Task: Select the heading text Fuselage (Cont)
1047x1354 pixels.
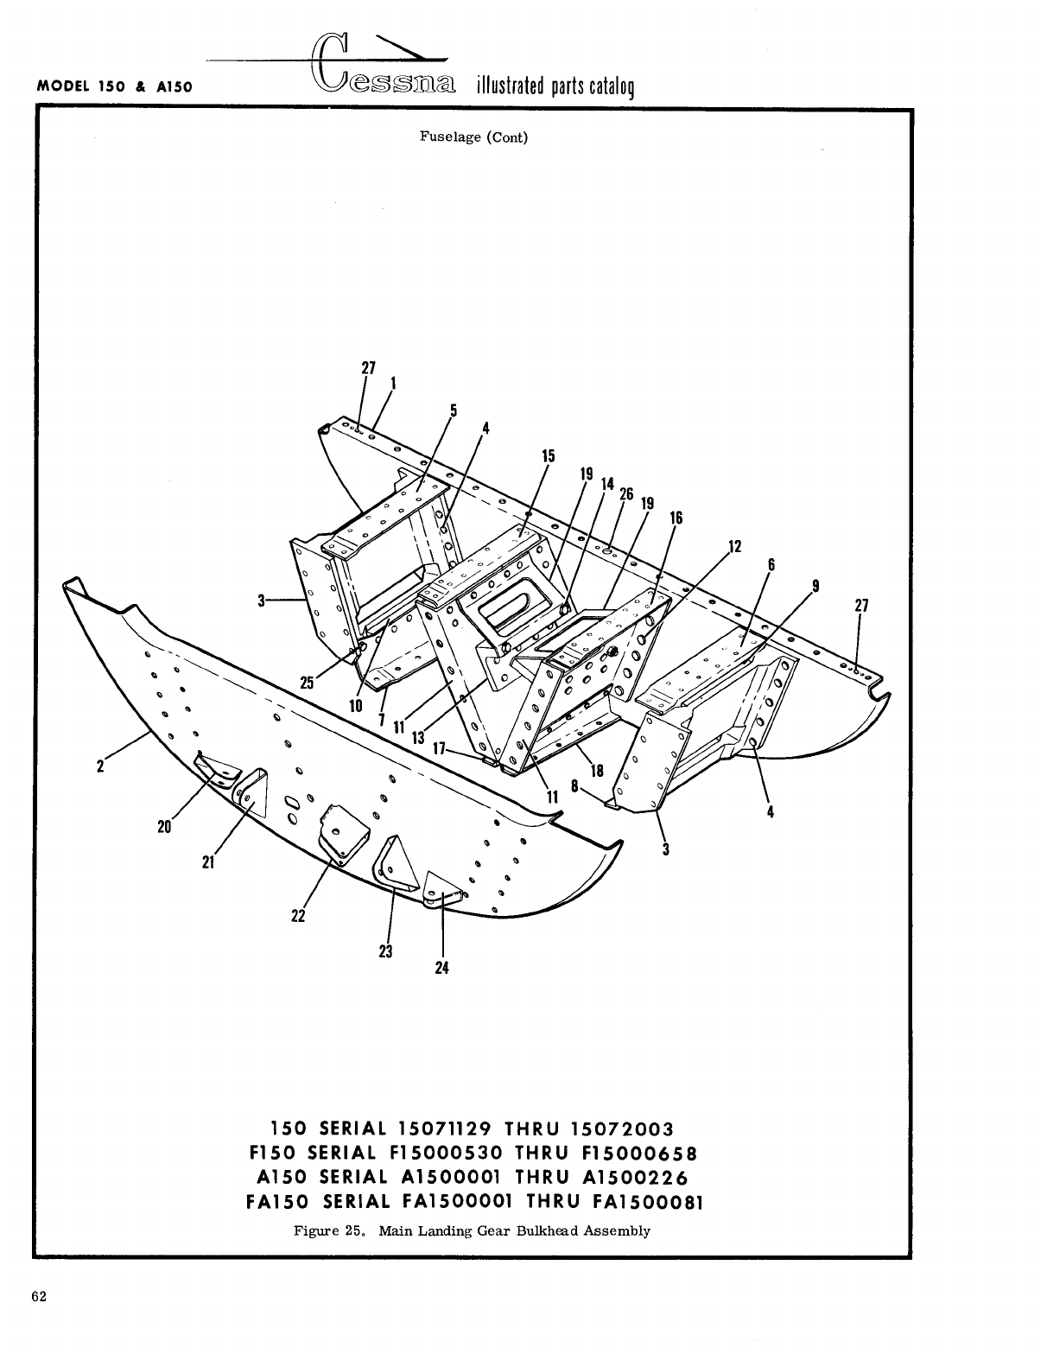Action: [473, 137]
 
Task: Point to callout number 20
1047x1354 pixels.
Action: [164, 827]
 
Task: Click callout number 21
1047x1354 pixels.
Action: [208, 861]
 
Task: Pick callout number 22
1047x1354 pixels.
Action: [298, 916]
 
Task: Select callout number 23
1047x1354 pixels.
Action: [385, 951]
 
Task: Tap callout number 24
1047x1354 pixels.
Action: [441, 968]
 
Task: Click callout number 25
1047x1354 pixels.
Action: [307, 683]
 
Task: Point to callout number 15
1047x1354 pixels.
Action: [548, 456]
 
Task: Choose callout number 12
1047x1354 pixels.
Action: [735, 546]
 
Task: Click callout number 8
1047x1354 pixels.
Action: [575, 787]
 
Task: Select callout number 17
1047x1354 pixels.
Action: [439, 749]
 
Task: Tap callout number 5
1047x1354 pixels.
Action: [453, 410]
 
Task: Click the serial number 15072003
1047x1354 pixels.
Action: [621, 1128]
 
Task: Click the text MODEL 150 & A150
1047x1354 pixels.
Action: [114, 87]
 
